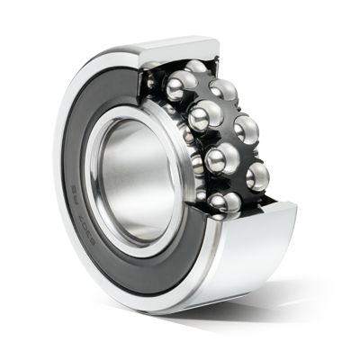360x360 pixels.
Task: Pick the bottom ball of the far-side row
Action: click(x=257, y=175)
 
